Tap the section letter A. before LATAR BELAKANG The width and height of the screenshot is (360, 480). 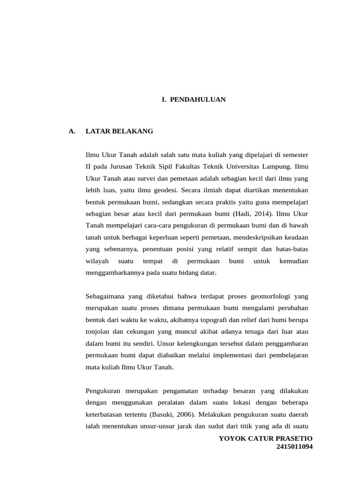pyautogui.click(x=72, y=131)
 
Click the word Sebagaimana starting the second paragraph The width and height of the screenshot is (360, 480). pyautogui.click(x=105, y=296)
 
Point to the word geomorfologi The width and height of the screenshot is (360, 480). pyautogui.click(x=269, y=296)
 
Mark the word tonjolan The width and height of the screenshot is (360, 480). pyautogui.click(x=97, y=332)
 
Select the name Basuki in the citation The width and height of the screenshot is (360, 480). pyautogui.click(x=162, y=414)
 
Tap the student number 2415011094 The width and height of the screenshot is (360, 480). pyautogui.click(x=294, y=447)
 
